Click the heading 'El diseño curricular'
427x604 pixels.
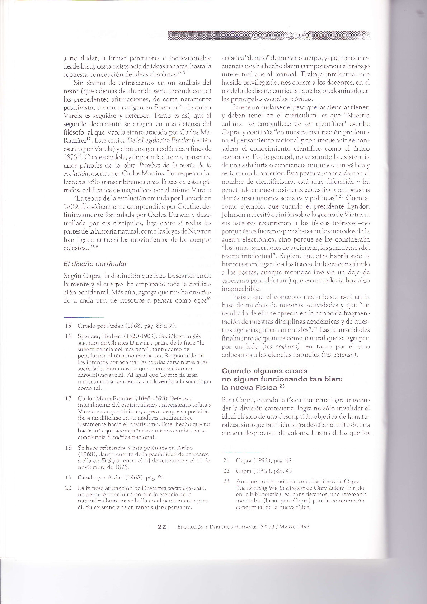[95, 264]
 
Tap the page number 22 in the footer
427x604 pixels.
[161, 527]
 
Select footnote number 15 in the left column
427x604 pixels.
[68, 326]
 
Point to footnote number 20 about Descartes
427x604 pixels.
[68, 488]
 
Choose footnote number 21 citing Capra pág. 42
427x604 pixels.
[226, 460]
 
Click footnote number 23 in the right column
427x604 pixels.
[226, 481]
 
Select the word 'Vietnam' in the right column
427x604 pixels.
[356, 214]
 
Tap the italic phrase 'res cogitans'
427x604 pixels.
[276, 347]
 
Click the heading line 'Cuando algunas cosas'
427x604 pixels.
[264, 371]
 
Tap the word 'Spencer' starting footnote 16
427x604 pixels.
[88, 337]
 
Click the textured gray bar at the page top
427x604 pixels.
[269, 36]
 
